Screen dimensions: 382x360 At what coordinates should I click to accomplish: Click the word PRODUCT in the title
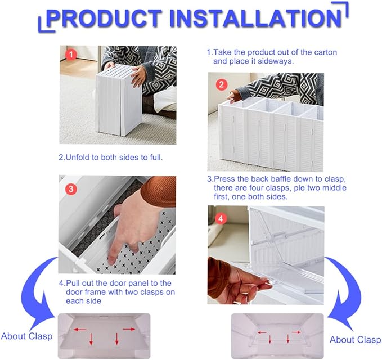(x=104, y=18)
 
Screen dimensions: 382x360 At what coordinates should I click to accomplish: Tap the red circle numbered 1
(x=71, y=55)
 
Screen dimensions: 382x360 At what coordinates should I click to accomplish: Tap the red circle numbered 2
(x=222, y=84)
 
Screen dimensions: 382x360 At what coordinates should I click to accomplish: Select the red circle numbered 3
(x=71, y=189)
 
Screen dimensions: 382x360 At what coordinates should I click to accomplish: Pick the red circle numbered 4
(x=221, y=219)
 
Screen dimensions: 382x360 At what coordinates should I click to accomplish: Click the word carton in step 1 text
(x=326, y=52)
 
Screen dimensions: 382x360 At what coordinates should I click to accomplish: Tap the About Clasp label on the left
(x=26, y=336)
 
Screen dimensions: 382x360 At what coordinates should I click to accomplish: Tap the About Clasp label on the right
(x=355, y=340)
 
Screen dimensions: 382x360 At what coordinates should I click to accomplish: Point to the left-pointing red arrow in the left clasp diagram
(x=80, y=330)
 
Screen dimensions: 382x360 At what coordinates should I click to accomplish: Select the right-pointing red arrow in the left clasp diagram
(x=129, y=329)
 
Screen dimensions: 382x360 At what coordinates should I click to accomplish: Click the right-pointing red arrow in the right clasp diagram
(x=296, y=332)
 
